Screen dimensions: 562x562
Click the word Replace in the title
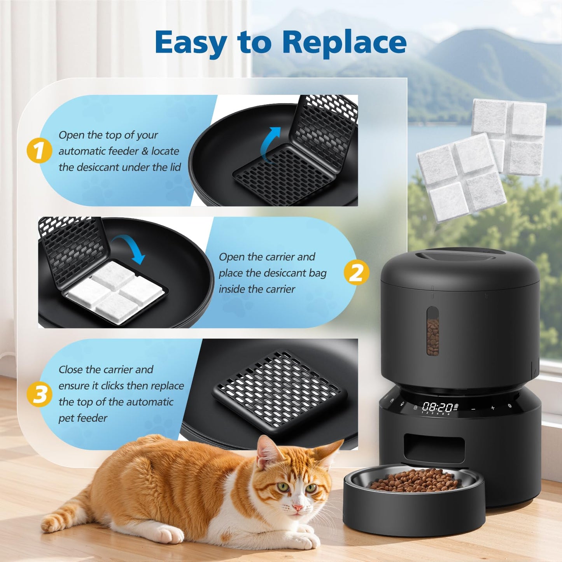[x=344, y=42]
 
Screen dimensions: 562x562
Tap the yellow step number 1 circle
[x=39, y=151]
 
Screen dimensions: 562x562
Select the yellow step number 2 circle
[x=356, y=272]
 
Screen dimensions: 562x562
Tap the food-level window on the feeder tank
[x=433, y=331]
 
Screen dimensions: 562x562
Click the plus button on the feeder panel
[x=493, y=408]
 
